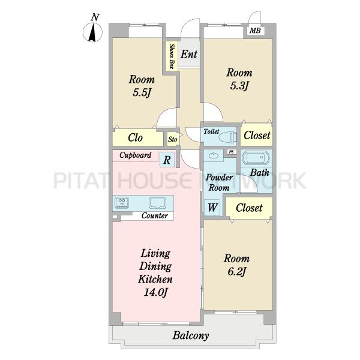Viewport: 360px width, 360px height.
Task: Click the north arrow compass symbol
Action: click(92, 33)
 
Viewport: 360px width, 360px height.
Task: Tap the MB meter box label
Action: click(256, 31)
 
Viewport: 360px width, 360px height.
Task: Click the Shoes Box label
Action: click(172, 56)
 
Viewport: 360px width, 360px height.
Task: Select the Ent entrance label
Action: click(189, 54)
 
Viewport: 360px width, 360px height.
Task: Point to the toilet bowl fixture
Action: click(227, 137)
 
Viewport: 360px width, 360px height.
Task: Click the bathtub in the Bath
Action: click(256, 157)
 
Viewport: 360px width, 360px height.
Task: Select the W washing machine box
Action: click(212, 208)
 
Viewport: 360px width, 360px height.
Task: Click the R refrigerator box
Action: click(167, 160)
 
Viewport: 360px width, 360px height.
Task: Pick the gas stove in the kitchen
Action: click(122, 203)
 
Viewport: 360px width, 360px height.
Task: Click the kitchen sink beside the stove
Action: click(157, 203)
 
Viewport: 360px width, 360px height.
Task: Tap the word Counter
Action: click(155, 216)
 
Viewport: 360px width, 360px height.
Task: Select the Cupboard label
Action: click(135, 155)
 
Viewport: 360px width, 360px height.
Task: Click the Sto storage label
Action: click(173, 139)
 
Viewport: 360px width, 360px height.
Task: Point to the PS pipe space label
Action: click(231, 152)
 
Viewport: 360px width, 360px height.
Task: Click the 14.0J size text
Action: click(155, 292)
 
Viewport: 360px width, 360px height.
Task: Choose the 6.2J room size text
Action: click(237, 272)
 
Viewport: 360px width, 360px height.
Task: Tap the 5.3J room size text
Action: click(239, 86)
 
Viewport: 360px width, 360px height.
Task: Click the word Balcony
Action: click(191, 335)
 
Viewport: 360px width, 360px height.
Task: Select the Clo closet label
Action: click(135, 137)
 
